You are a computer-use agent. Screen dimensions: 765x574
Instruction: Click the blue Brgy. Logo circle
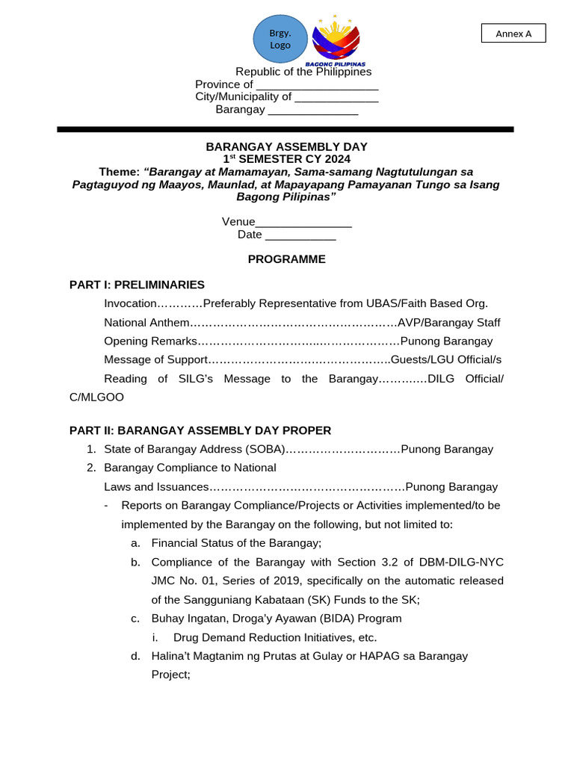point(280,39)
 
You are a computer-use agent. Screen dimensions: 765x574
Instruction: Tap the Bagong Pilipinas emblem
point(336,39)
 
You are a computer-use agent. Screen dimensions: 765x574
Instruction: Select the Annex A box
point(513,34)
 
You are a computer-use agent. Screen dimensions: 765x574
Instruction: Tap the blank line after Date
point(300,235)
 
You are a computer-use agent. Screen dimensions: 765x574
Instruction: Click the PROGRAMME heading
point(286,259)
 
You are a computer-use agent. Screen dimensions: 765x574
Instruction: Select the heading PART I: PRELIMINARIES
point(137,285)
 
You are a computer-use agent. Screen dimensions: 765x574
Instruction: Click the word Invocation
point(130,303)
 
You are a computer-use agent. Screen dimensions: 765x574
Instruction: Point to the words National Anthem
point(146,323)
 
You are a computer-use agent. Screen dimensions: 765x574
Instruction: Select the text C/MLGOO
point(96,397)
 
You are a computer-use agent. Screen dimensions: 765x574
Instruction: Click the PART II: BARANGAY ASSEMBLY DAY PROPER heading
point(200,430)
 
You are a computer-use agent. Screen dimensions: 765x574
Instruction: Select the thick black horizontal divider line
point(286,129)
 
